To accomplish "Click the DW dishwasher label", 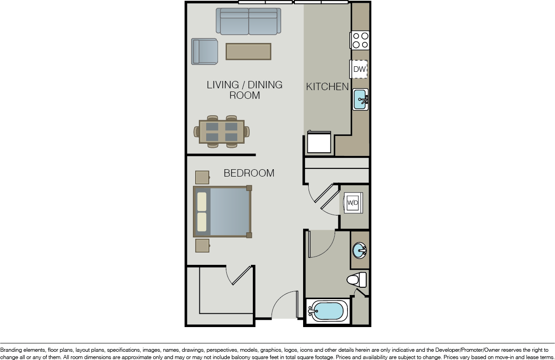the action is pos(359,69).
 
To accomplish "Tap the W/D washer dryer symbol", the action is pos(353,203).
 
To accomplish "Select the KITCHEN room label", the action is pos(327,86).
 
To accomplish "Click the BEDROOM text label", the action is pos(249,173).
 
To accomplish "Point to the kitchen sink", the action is pos(360,99).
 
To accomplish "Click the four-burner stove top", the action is pos(360,40).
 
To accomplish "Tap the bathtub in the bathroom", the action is pos(327,311).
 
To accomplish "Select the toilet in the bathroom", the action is pos(357,279).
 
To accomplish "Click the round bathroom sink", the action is pos(359,250).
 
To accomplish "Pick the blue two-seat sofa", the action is pos(249,21).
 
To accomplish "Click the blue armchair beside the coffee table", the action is pos(204,51).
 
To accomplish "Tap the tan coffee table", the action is pos(248,51).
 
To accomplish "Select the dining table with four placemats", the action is pos(222,132).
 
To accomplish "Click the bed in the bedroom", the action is pos(222,211).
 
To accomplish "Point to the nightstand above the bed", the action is pos(203,177).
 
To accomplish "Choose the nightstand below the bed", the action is pos(203,246).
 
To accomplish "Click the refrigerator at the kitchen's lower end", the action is pos(319,142).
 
